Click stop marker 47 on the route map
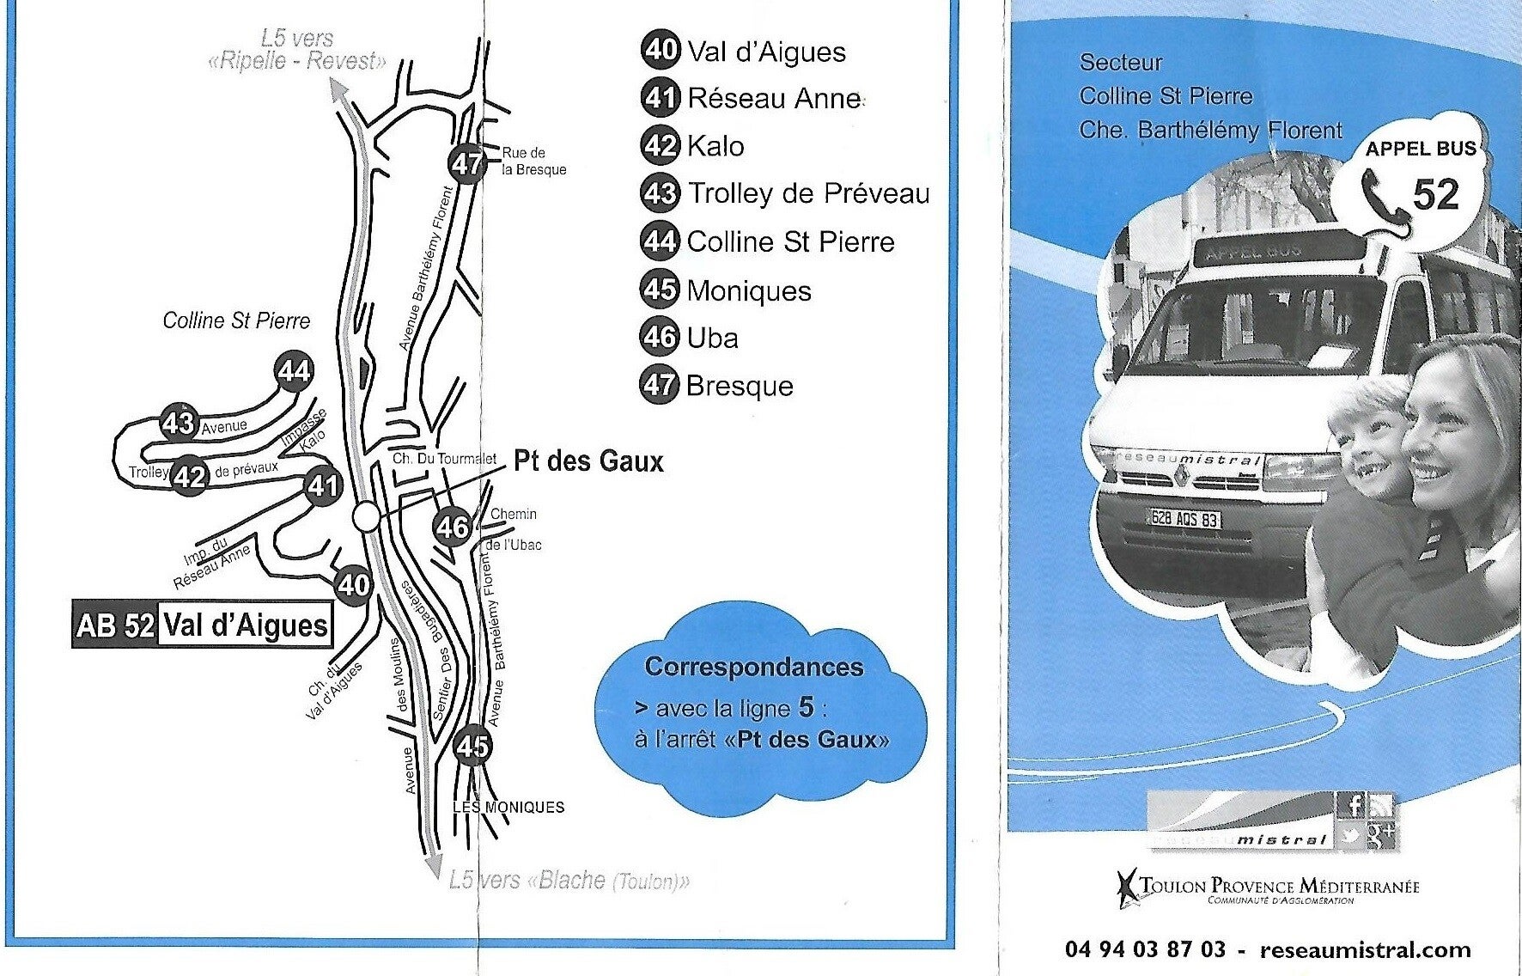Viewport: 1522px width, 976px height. click(467, 162)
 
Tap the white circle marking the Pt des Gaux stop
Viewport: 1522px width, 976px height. click(366, 517)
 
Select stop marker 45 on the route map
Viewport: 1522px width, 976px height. click(472, 746)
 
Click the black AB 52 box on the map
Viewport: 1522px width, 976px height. click(115, 625)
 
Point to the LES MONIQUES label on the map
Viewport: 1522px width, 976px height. click(508, 807)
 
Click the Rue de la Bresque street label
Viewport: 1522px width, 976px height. click(533, 162)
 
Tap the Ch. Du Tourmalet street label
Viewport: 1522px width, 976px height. click(444, 459)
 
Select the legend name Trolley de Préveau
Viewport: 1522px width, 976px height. click(808, 193)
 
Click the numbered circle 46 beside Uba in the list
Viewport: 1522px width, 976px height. click(660, 337)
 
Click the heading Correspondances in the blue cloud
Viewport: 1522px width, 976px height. click(754, 667)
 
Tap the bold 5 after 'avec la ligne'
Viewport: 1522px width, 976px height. click(806, 706)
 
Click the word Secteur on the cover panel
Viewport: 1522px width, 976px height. click(1120, 63)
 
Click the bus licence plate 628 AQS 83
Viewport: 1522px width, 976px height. click(1184, 518)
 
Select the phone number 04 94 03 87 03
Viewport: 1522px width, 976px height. click(1145, 949)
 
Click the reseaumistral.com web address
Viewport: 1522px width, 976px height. click(1364, 949)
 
